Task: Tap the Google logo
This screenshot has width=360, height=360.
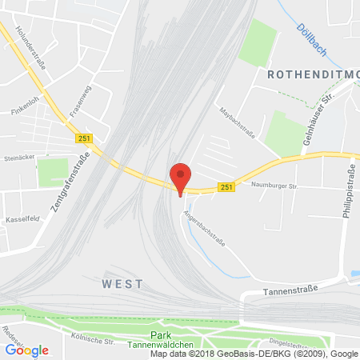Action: click(26, 350)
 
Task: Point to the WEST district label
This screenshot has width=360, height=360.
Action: click(122, 284)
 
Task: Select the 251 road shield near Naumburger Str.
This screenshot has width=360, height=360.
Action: click(226, 188)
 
